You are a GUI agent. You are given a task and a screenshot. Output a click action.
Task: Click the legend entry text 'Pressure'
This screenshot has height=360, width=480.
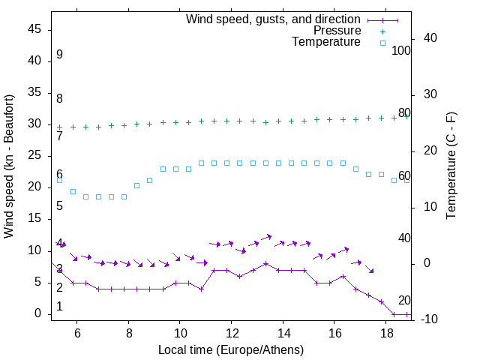(337, 31)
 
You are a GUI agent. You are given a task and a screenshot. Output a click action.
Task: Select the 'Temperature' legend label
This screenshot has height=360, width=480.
(326, 42)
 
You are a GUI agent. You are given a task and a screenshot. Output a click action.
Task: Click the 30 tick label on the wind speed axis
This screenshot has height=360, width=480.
(35, 124)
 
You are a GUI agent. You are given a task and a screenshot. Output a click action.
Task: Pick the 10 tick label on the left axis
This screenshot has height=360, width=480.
(35, 250)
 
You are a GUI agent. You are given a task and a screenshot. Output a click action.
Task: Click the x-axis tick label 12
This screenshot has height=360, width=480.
(232, 334)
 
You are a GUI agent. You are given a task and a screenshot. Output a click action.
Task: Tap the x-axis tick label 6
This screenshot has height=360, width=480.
(77, 334)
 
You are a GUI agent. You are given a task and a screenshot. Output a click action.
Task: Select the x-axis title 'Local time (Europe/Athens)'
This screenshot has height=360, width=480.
(231, 350)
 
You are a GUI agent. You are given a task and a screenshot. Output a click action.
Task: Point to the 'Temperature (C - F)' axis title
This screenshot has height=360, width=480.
(451, 166)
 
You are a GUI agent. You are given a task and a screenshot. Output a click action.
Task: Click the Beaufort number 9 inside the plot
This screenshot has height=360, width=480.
(59, 55)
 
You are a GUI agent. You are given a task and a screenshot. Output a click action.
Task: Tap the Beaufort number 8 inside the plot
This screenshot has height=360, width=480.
(59, 99)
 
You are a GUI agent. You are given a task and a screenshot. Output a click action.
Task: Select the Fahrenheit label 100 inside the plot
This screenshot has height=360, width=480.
(401, 50)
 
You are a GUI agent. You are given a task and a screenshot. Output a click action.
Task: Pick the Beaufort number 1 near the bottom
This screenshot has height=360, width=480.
(59, 307)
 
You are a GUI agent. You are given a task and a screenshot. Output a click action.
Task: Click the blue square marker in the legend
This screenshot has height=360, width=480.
(382, 43)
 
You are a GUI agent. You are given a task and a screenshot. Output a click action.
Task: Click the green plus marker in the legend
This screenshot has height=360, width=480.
(382, 31)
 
